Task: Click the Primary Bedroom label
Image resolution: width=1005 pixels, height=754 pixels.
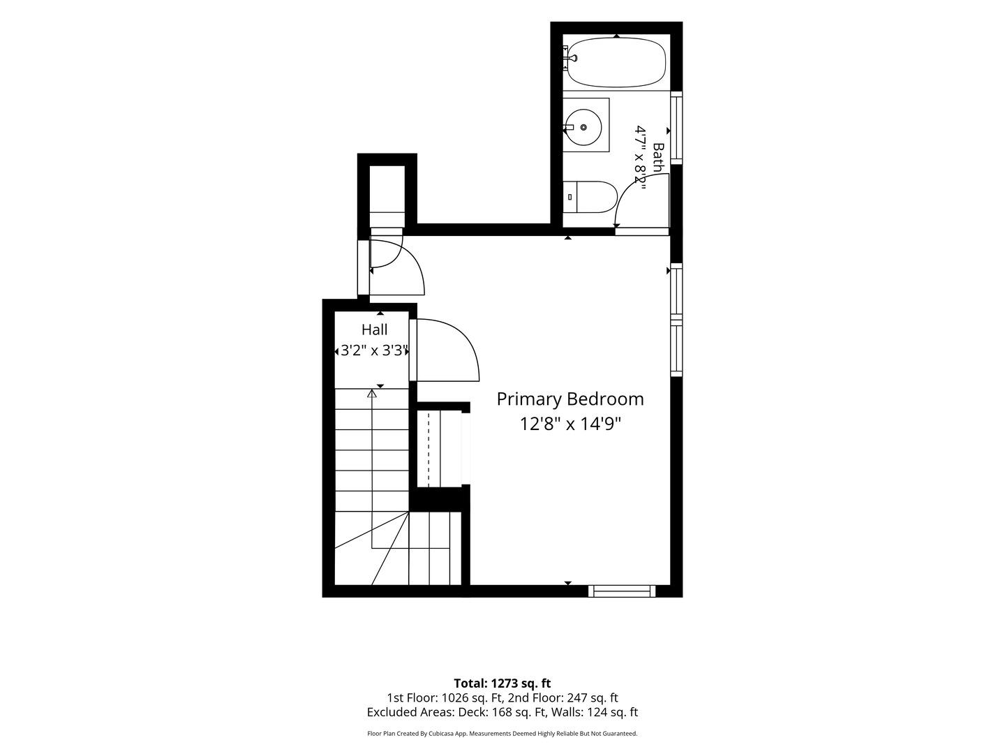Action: pyautogui.click(x=570, y=399)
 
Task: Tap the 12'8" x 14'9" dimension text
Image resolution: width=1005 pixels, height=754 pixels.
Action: pyautogui.click(x=570, y=424)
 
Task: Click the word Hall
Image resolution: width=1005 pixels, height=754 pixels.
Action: pyautogui.click(x=375, y=330)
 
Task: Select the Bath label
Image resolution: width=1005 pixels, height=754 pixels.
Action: pyautogui.click(x=658, y=158)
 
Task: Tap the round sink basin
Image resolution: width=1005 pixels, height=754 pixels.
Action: pyautogui.click(x=583, y=127)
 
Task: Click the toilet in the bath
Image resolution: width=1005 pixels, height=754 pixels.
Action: pyautogui.click(x=590, y=197)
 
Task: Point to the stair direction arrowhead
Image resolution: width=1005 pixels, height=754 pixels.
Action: pyautogui.click(x=372, y=393)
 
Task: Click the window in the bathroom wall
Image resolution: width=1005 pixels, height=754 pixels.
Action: pyautogui.click(x=676, y=128)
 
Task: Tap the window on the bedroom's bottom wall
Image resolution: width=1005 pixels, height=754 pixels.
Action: pyautogui.click(x=622, y=591)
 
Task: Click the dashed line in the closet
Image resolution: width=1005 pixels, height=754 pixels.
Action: pyautogui.click(x=429, y=449)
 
